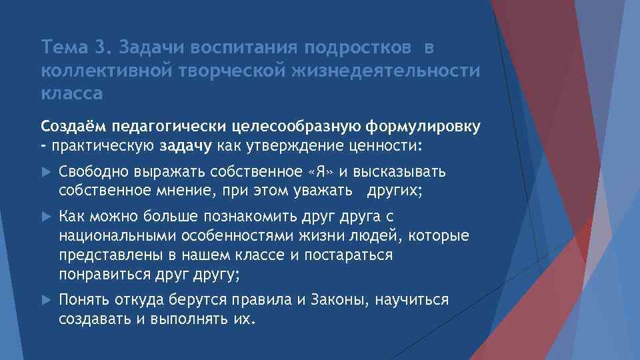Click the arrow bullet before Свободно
pos(46,172)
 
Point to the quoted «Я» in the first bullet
pos(321,172)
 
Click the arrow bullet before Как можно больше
pos(46,217)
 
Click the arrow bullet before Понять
pos(46,300)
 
